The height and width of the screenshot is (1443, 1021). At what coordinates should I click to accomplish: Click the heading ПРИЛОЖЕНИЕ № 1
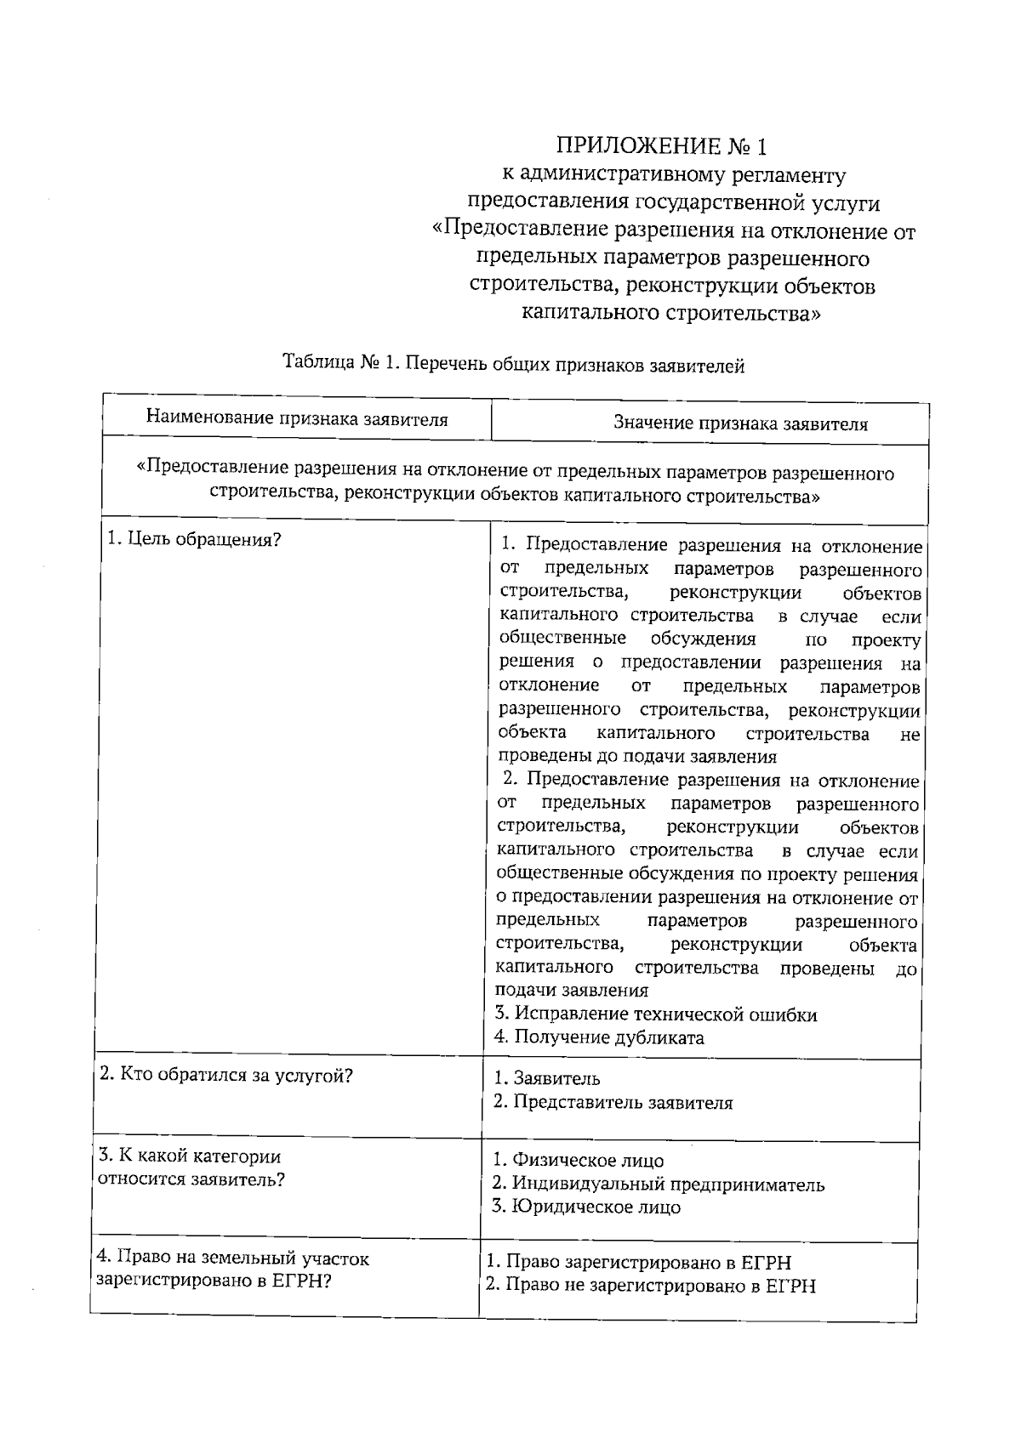(x=661, y=146)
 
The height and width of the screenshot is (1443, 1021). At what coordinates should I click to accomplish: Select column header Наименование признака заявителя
(x=296, y=418)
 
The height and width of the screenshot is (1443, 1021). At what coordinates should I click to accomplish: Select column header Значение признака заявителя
(x=740, y=423)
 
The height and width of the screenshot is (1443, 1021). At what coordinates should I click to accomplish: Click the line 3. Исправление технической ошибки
(x=655, y=1014)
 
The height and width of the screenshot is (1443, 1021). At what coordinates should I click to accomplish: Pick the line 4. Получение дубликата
(x=599, y=1037)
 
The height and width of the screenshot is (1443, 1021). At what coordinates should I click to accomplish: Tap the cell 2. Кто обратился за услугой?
(x=225, y=1075)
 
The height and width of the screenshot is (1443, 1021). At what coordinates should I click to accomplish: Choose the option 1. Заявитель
(x=547, y=1078)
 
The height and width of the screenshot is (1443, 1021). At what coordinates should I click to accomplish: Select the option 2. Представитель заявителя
(x=613, y=1103)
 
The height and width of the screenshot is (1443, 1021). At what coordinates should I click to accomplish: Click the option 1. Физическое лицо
(x=579, y=1161)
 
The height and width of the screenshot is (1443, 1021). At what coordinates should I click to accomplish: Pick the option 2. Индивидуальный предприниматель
(x=659, y=1184)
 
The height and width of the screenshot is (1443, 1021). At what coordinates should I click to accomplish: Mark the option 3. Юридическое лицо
(x=586, y=1207)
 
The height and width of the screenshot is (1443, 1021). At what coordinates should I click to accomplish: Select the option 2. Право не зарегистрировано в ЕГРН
(x=651, y=1286)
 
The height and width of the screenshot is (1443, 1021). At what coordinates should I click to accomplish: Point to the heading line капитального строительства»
(x=671, y=313)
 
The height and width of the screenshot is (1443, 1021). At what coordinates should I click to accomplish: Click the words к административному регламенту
(x=673, y=175)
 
